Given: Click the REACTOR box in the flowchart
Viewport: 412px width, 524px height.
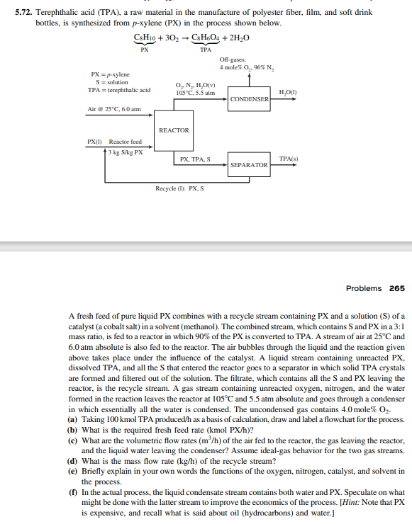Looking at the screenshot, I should pyautogui.click(x=174, y=130).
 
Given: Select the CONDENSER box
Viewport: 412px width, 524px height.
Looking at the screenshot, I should pyautogui.click(x=249, y=99).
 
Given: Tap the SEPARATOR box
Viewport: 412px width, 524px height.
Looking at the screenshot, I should pyautogui.click(x=249, y=164).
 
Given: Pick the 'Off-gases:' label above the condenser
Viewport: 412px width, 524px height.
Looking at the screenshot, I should pyautogui.click(x=232, y=60).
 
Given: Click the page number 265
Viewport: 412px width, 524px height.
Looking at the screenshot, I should pyautogui.click(x=396, y=288).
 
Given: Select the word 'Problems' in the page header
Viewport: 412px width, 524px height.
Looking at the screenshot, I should pyautogui.click(x=364, y=288).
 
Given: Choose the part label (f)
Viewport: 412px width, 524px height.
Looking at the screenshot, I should pyautogui.click(x=72, y=491).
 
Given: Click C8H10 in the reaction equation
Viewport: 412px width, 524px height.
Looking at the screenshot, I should pyautogui.click(x=145, y=38).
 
